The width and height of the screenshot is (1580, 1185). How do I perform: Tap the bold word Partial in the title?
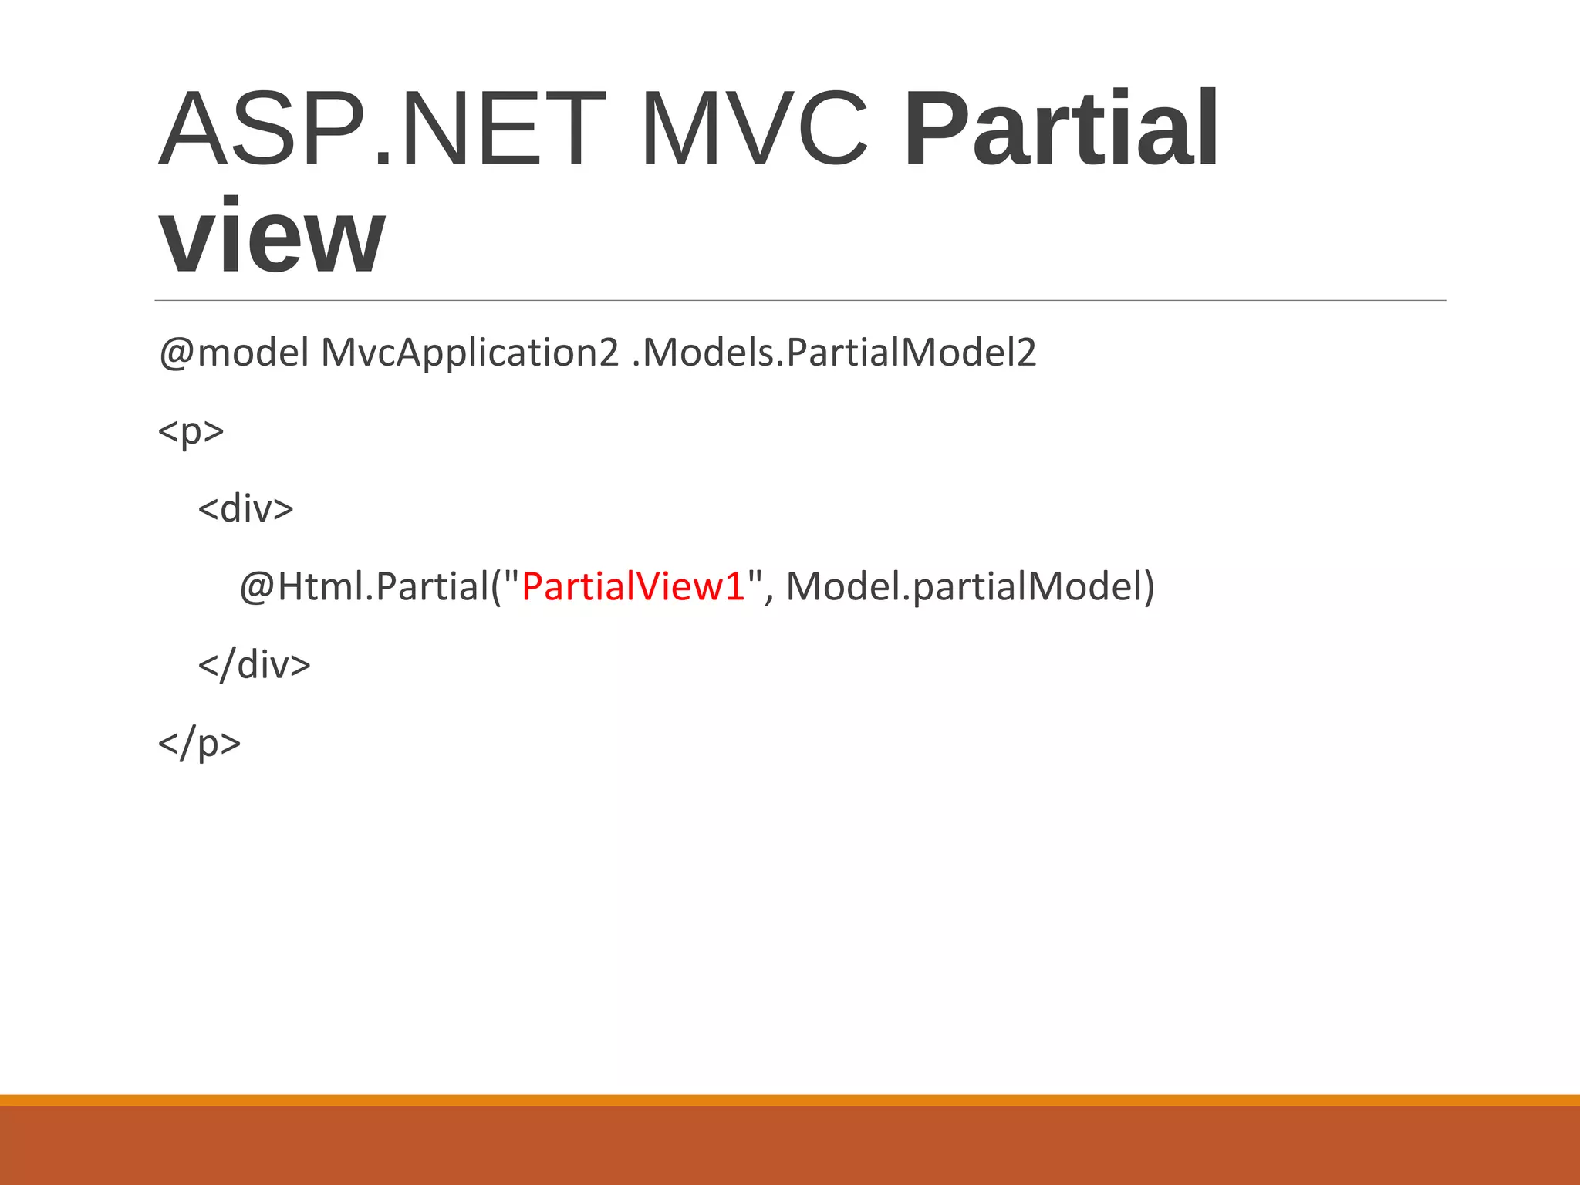(x=1061, y=129)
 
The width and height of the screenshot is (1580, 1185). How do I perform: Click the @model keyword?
(x=234, y=353)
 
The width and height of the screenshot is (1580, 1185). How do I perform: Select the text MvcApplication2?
(x=469, y=353)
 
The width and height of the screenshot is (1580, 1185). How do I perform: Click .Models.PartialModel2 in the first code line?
(x=834, y=353)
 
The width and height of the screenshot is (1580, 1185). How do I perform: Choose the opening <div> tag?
(x=245, y=508)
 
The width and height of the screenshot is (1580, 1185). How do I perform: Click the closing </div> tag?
(x=254, y=664)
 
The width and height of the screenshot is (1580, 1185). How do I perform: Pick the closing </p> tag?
(x=199, y=743)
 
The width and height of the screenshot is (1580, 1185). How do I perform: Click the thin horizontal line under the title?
(x=800, y=300)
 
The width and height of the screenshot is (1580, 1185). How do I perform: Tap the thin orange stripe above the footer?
(x=790, y=1099)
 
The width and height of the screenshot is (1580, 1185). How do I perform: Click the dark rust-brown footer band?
(x=790, y=1146)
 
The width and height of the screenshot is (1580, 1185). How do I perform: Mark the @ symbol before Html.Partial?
(x=257, y=588)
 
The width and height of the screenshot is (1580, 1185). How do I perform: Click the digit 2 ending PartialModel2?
(x=1027, y=353)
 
